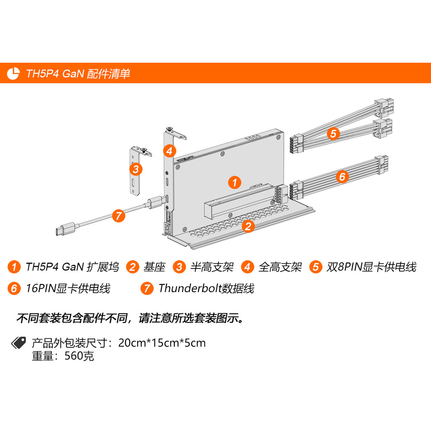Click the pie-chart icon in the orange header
(x=13, y=73)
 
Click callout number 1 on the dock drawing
(x=234, y=183)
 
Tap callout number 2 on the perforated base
(x=248, y=226)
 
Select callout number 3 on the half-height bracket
(x=136, y=169)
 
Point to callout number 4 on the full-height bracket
(x=170, y=151)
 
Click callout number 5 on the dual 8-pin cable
(x=333, y=133)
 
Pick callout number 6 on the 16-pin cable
(x=342, y=176)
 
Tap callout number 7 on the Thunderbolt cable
(x=118, y=216)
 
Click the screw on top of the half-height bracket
(x=144, y=149)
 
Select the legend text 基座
(x=154, y=267)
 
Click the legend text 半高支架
(x=212, y=267)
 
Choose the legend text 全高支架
(x=280, y=267)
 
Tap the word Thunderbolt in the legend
(x=190, y=288)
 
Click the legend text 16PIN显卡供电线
(x=68, y=288)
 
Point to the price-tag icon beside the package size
(x=19, y=343)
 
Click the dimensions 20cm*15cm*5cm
(x=162, y=343)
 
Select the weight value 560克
(x=79, y=356)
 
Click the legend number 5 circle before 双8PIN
(x=316, y=267)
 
